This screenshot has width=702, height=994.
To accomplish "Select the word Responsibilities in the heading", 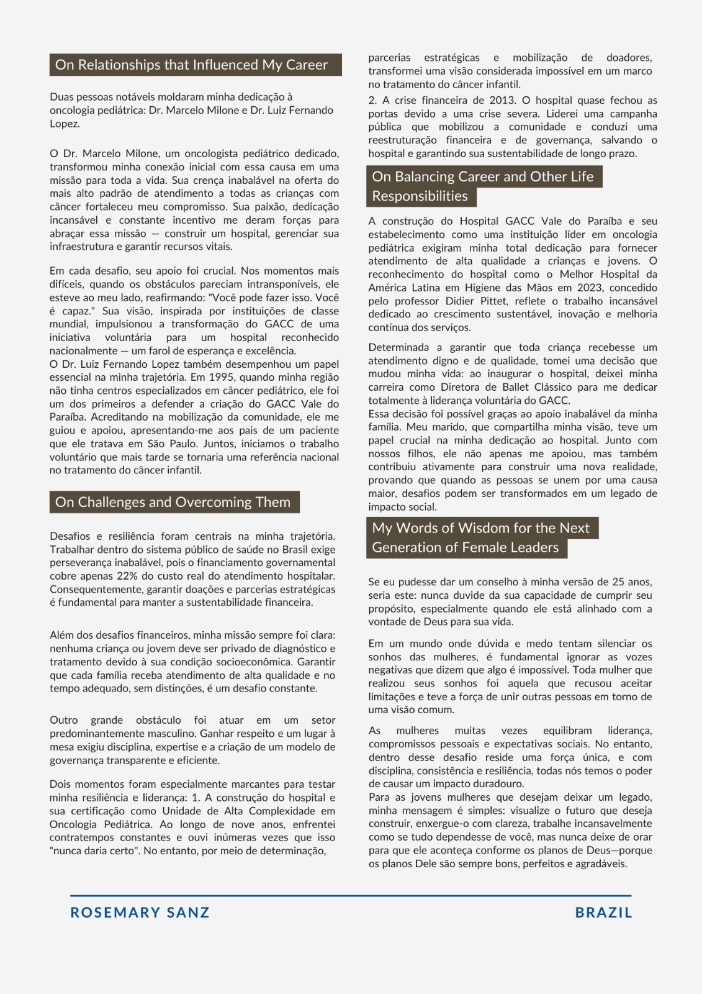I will tap(420, 196).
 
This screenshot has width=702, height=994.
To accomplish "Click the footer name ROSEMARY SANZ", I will tap(140, 913).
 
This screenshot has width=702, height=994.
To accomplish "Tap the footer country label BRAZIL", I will tap(603, 913).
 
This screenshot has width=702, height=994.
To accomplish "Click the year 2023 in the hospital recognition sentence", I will tap(590, 288).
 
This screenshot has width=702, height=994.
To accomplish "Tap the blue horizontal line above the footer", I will tap(351, 896).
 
